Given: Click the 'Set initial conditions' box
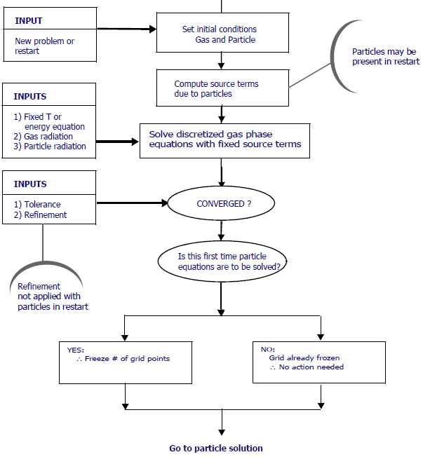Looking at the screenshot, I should pyautogui.click(x=222, y=34).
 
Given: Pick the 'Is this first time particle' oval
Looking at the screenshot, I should pyautogui.click(x=222, y=261).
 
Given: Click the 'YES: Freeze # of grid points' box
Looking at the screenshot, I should pyautogui.click(x=126, y=362).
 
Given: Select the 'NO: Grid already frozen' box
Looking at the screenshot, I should pyautogui.click(x=318, y=362).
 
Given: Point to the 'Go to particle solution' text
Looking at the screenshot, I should pyautogui.click(x=216, y=449).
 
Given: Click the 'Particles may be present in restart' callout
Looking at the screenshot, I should pyautogui.click(x=384, y=57).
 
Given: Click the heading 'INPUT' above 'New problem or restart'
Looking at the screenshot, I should pyautogui.click(x=29, y=21).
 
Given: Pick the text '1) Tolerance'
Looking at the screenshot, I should pyautogui.click(x=38, y=205).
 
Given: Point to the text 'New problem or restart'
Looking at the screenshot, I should pyautogui.click(x=44, y=46).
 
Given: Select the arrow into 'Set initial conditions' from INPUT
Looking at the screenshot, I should pyautogui.click(x=126, y=29).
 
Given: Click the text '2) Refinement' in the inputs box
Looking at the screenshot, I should pyautogui.click(x=41, y=214).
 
